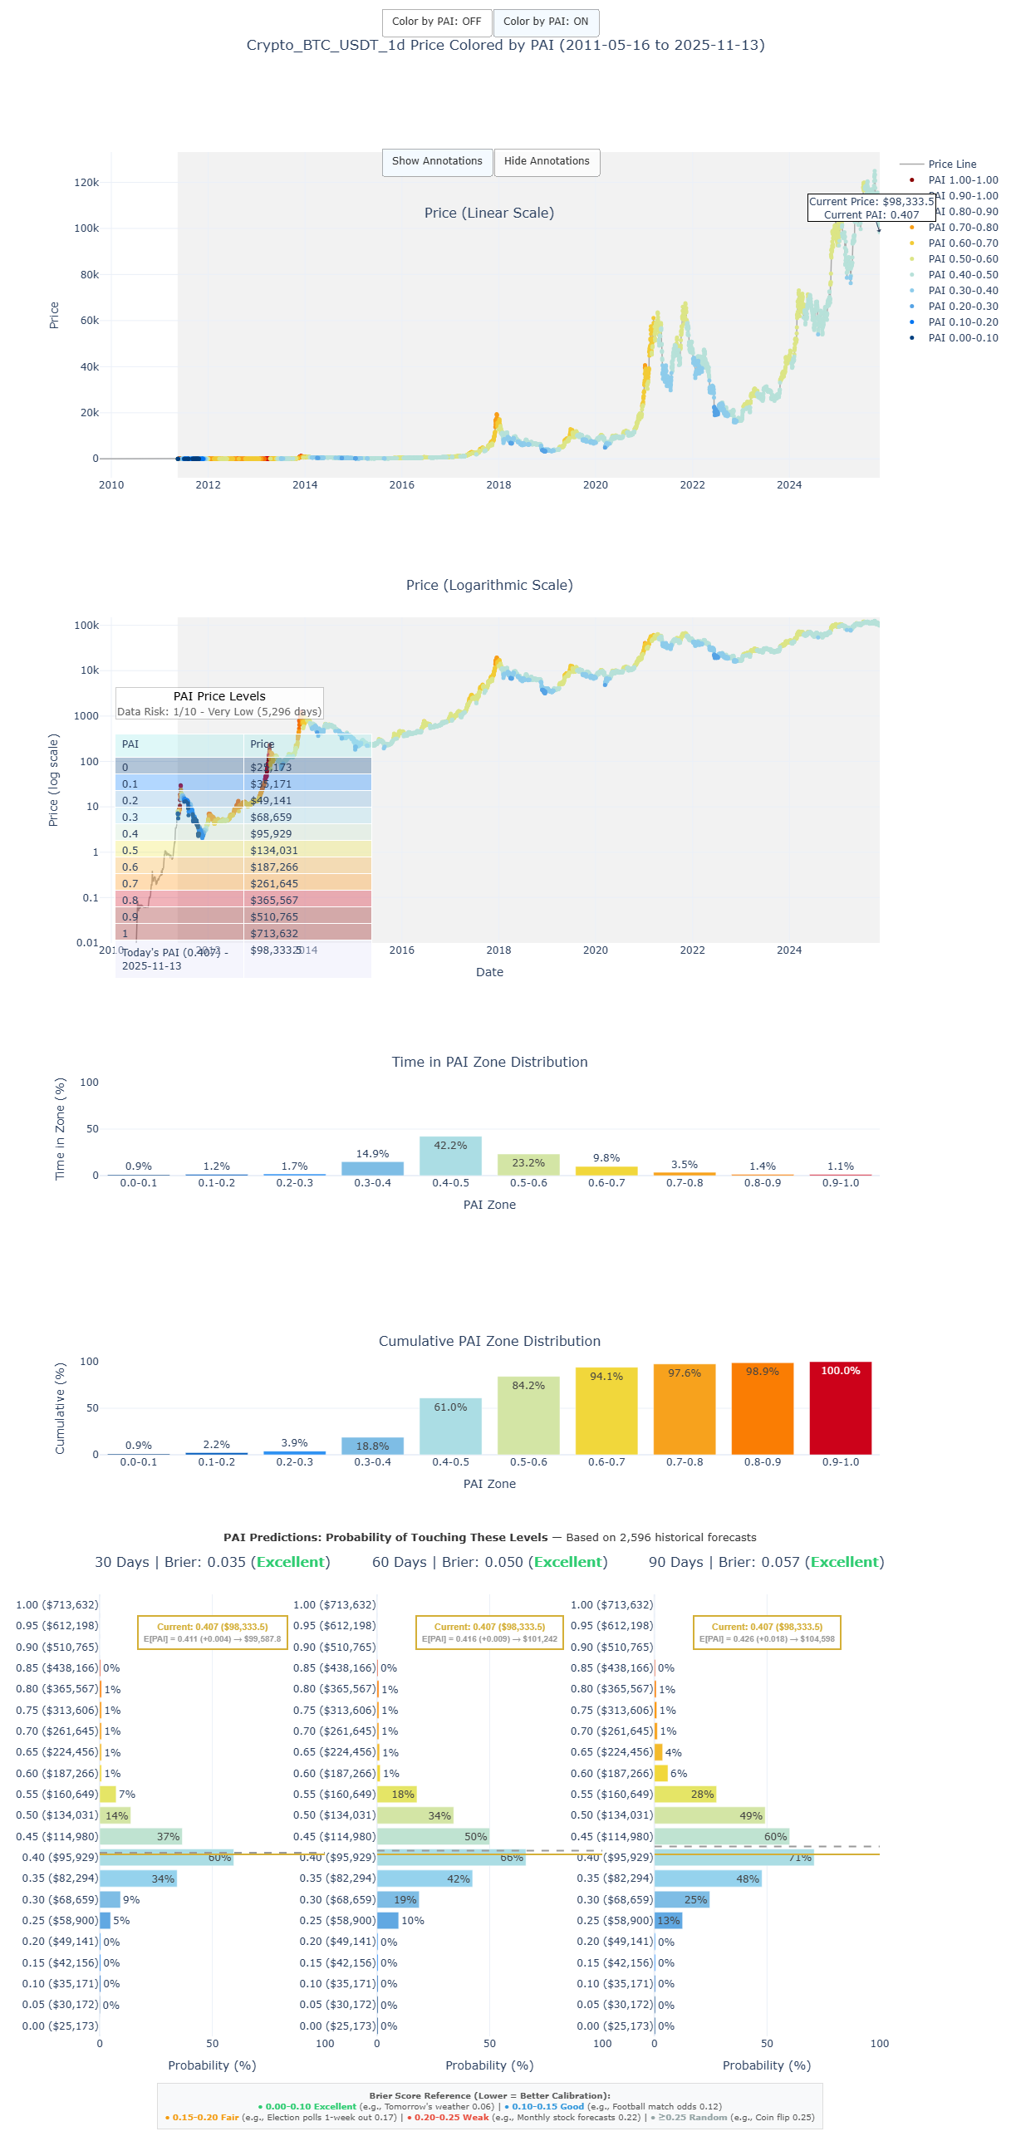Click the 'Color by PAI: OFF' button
click(x=436, y=22)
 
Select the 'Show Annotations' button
click(x=436, y=162)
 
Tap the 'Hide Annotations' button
click(x=547, y=162)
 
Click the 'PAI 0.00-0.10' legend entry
click(x=962, y=338)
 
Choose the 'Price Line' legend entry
click(x=951, y=165)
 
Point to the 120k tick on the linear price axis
click(x=86, y=184)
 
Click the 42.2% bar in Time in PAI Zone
click(x=450, y=1156)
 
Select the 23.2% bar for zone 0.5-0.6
click(x=528, y=1165)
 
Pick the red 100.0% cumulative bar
click(x=840, y=1410)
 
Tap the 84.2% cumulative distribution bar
click(x=528, y=1417)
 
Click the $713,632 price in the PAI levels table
click(x=274, y=934)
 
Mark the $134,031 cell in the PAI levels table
click(x=274, y=851)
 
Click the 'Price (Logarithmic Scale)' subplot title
click(x=488, y=586)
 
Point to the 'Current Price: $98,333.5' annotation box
click(x=871, y=209)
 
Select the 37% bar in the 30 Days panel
click(x=140, y=1837)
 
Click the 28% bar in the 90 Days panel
click(x=685, y=1795)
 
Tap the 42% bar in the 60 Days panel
click(x=424, y=1879)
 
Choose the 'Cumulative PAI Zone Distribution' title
click(x=488, y=1342)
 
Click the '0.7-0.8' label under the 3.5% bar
click(x=684, y=1184)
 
